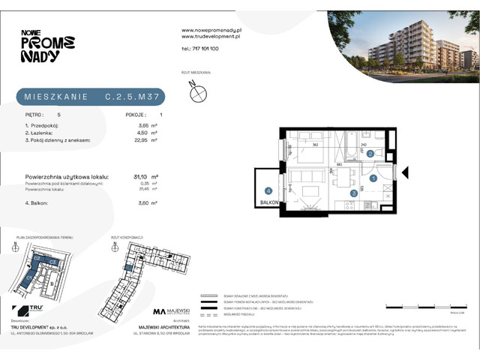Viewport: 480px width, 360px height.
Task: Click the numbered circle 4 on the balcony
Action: point(268,191)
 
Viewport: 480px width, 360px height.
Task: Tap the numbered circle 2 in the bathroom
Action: point(370,154)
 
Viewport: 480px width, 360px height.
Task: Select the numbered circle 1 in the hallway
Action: point(373,178)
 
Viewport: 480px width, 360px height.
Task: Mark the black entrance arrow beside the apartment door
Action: point(406,173)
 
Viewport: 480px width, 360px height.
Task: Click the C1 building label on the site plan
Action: point(30,275)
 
